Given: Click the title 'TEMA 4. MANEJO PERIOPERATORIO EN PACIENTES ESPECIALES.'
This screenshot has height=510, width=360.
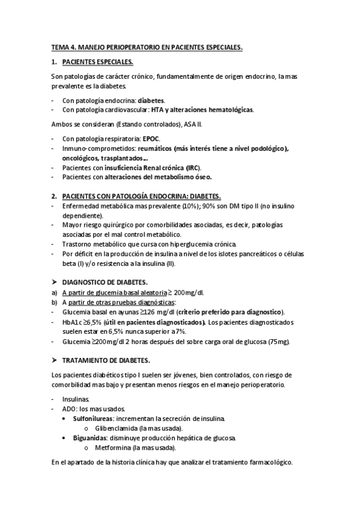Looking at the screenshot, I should (x=147, y=46).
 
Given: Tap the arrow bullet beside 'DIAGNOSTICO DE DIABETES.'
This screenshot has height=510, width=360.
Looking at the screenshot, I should (x=54, y=282).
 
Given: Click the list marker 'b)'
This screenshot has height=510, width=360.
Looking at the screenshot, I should (x=54, y=302).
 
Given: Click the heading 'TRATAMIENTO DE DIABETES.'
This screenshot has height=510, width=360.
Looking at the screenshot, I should (x=106, y=360).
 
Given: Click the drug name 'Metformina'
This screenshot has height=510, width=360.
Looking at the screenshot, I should (x=113, y=447).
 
